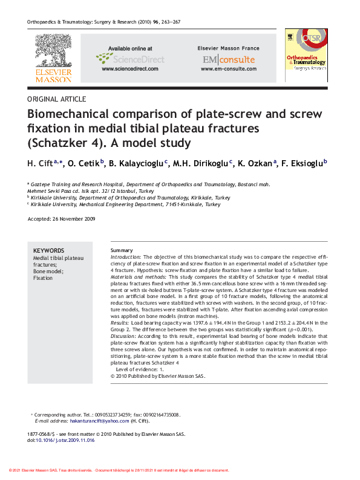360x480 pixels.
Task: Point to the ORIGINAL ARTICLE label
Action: pyautogui.click(x=57, y=99)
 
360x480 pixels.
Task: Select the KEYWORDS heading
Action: pyautogui.click(x=48, y=250)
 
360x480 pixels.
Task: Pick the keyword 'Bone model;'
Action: pyautogui.click(x=48, y=271)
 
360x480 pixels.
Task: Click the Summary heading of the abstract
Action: pyautogui.click(x=122, y=250)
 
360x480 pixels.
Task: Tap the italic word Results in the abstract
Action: pyautogui.click(x=119, y=323)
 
